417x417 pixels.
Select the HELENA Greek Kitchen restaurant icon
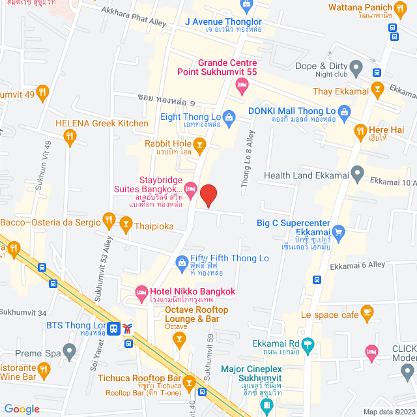[x=70, y=136]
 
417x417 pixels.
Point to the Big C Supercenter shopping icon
[x=338, y=232]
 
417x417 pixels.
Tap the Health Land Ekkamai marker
[x=356, y=174]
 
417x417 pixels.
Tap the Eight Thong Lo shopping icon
[x=229, y=117]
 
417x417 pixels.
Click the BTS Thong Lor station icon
[x=114, y=328]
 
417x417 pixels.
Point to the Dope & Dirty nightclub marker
[x=356, y=66]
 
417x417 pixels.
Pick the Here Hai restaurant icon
[x=360, y=133]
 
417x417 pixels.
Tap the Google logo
[x=22, y=409]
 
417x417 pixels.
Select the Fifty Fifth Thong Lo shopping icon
[x=182, y=262]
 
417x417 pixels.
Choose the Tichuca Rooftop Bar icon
[x=190, y=382]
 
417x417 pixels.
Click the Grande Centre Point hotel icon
[x=242, y=84]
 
